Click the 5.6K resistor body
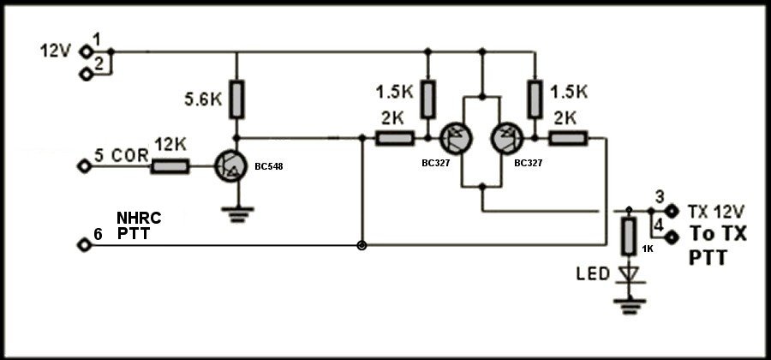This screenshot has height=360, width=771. [236, 99]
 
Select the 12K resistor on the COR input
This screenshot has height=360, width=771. [170, 166]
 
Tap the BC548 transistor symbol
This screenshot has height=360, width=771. [231, 167]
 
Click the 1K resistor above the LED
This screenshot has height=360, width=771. [629, 237]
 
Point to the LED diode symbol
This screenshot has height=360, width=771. [629, 274]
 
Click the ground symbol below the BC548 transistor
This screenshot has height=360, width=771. [237, 215]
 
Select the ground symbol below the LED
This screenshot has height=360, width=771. [630, 306]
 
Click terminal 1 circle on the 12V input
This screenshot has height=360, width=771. [87, 51]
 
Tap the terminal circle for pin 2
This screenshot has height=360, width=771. [87, 75]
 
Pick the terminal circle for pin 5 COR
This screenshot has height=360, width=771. [85, 166]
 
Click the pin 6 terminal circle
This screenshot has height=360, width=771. [85, 244]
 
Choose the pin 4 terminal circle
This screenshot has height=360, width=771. [672, 237]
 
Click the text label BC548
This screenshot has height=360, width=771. [268, 167]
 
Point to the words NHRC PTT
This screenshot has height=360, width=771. [139, 225]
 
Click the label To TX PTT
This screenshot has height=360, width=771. [718, 245]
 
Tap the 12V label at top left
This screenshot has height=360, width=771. [56, 51]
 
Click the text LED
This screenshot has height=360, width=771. [594, 274]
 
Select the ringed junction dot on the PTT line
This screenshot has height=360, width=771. [362, 245]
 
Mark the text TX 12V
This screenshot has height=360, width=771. [716, 212]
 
